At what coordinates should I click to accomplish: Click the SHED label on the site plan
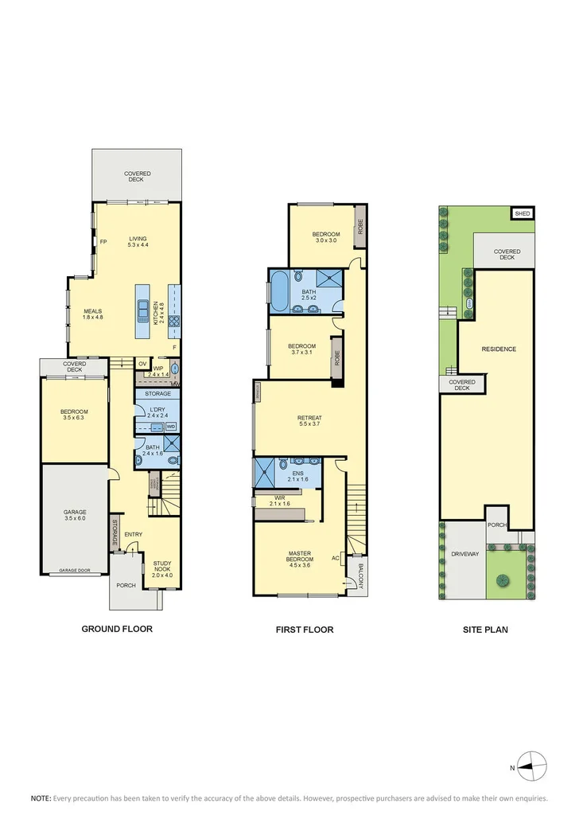[522, 213]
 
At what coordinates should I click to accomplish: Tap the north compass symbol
[532, 766]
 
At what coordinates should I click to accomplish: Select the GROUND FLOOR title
[117, 629]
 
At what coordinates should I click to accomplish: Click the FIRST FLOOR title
[305, 630]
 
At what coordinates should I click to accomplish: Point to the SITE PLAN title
[485, 630]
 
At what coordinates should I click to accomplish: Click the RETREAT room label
[309, 421]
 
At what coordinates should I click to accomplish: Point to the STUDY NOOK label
[167, 568]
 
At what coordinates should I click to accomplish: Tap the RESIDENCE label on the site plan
[498, 349]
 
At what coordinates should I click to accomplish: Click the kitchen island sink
[144, 310]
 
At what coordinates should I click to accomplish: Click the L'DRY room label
[156, 411]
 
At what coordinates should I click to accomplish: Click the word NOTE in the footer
[41, 797]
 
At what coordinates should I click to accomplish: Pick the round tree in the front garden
[502, 579]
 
